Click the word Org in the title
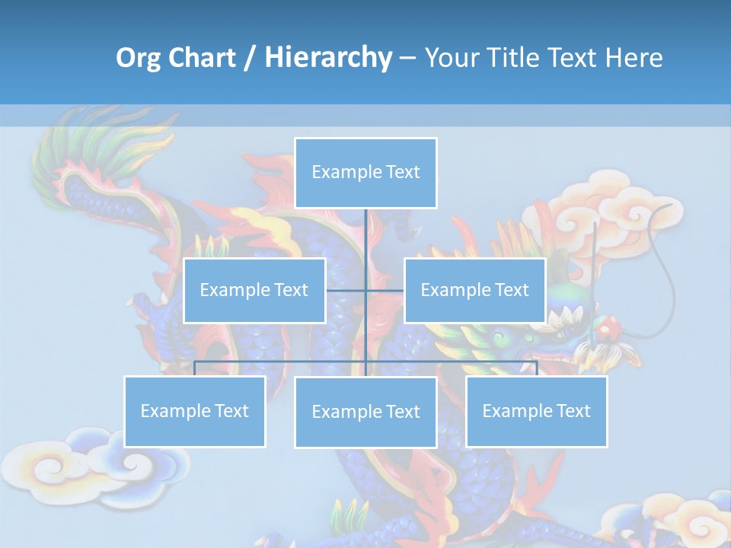point(138,58)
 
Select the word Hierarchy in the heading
point(328,58)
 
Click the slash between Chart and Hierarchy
point(249,59)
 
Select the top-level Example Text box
point(365,173)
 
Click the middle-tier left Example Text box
point(254,290)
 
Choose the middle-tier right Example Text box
point(474,290)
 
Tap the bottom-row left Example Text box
point(194,411)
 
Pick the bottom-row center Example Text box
point(365,412)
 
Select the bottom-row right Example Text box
point(536,411)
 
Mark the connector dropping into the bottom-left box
point(195,368)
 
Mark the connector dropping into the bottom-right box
point(537,368)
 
